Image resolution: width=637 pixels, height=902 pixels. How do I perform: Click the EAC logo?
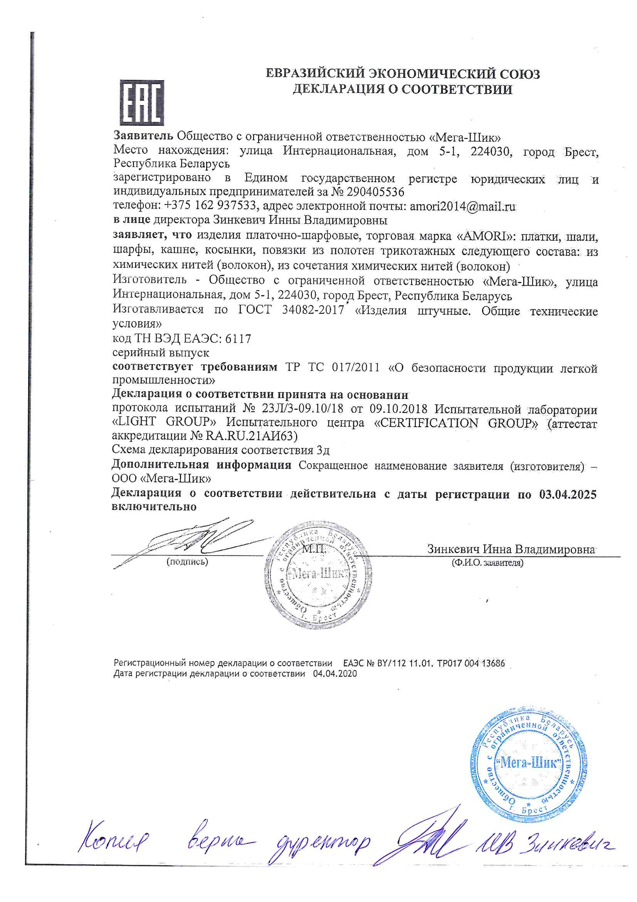[142, 103]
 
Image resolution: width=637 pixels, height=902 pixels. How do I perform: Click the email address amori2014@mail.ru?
[463, 206]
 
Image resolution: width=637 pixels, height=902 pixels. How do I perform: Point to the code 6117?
[238, 339]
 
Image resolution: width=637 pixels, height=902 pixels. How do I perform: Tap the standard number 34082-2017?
[313, 310]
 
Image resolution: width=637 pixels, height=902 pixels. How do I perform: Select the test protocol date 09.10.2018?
[398, 409]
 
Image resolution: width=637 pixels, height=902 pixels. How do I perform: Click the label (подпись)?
[187, 562]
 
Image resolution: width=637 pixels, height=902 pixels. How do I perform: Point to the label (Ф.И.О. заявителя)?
[487, 562]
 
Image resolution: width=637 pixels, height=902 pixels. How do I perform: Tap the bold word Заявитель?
[143, 136]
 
